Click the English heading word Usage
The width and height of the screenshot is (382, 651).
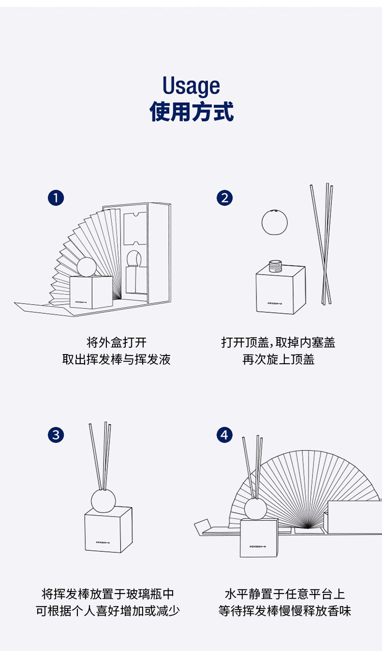click(191, 86)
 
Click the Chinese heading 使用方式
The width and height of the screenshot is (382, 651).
click(192, 111)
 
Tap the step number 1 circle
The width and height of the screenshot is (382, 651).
click(56, 198)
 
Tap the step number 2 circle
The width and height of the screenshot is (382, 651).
click(225, 198)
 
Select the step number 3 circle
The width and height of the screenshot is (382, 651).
click(56, 435)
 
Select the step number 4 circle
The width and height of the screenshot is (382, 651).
click(225, 435)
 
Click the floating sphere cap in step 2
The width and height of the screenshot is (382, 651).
click(274, 222)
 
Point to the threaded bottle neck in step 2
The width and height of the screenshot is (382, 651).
click(275, 266)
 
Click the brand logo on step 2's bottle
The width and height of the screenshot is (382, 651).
click(275, 304)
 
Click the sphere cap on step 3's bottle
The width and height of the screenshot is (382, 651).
click(103, 501)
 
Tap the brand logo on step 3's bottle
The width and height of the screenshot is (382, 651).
click(103, 542)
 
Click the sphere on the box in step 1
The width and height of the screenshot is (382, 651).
click(87, 267)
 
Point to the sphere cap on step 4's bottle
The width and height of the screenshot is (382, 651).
click(256, 509)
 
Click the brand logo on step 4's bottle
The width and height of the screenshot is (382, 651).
click(258, 546)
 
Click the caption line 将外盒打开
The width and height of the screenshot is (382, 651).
click(117, 342)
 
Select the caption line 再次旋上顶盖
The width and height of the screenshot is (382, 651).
click(278, 360)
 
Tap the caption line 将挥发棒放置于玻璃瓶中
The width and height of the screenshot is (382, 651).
click(108, 594)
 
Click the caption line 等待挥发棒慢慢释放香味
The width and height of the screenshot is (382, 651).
click(285, 611)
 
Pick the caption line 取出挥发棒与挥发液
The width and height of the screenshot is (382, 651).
click(116, 360)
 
